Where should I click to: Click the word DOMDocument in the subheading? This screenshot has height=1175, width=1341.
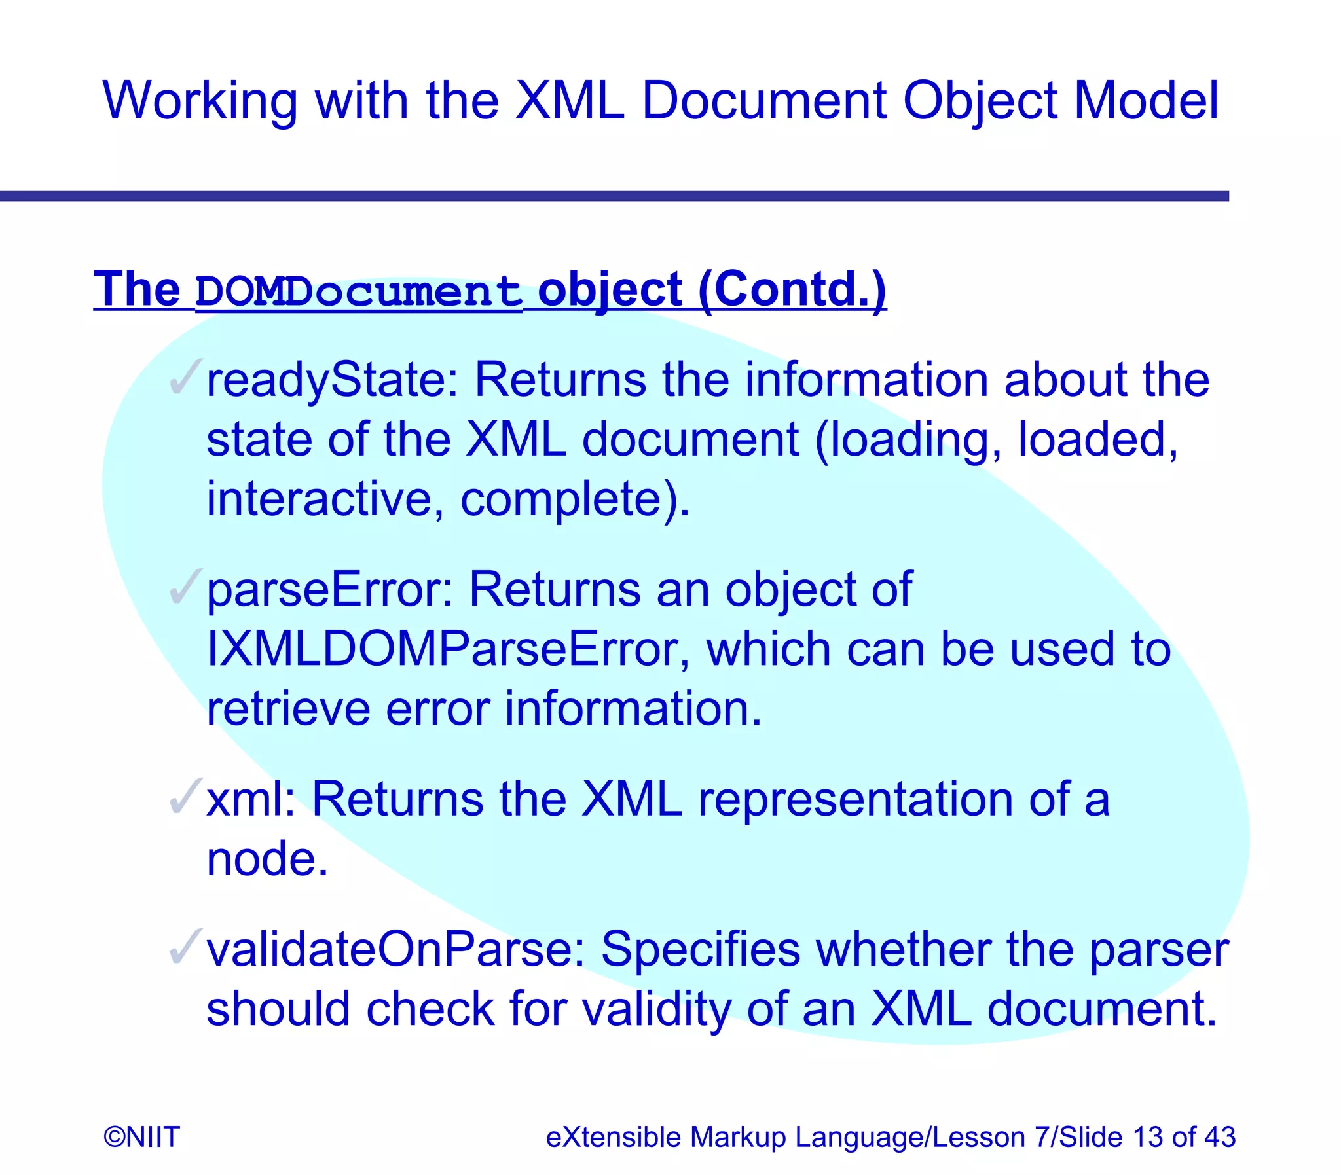coord(359,291)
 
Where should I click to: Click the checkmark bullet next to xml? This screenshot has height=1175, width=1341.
coord(185,796)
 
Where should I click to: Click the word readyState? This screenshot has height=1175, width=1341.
coord(332,380)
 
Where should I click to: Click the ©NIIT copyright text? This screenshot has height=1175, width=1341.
coord(141,1137)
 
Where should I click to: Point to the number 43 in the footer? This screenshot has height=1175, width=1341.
coord(1219,1137)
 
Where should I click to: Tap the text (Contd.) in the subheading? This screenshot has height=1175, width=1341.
coord(792,289)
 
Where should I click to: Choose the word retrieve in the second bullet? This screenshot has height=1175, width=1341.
coord(288,709)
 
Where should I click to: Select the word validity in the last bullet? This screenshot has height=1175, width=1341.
coord(656,1009)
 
